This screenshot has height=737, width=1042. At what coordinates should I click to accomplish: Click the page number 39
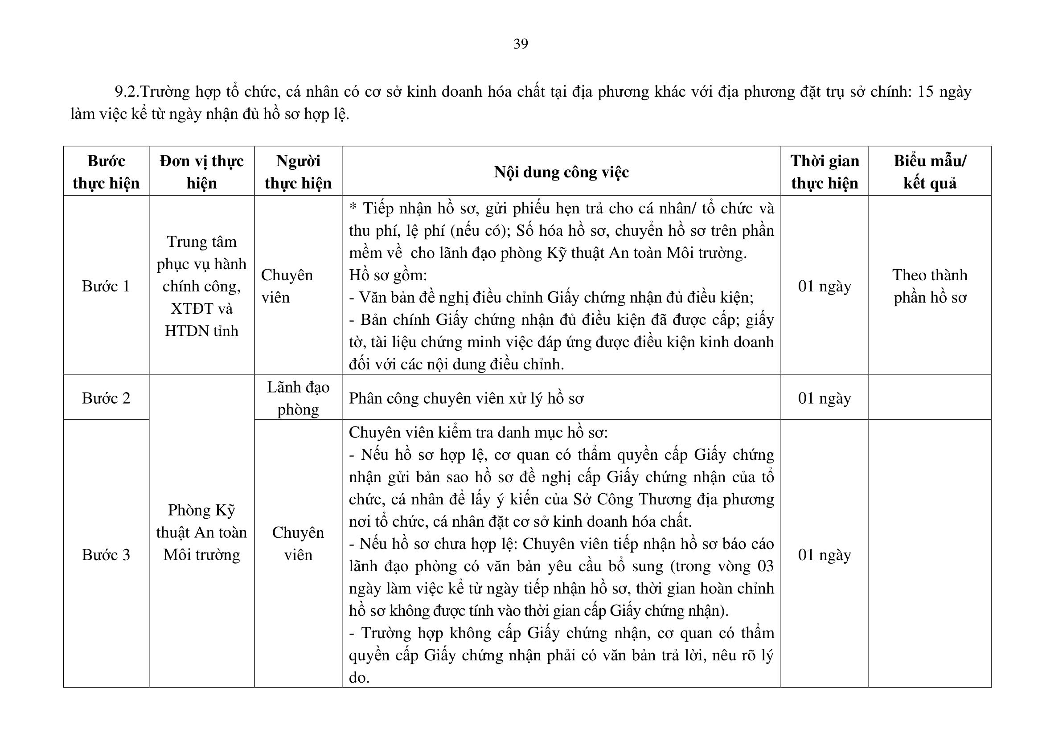coord(521,44)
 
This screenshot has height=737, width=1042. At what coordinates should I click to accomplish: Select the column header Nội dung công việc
coord(561,172)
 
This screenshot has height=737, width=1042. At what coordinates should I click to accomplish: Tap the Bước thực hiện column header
coord(106,172)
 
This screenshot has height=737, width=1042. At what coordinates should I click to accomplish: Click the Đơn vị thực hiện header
coord(201,172)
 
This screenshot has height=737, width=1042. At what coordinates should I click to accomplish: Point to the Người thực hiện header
coord(298,172)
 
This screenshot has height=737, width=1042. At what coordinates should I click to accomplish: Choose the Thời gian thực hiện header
coord(825,172)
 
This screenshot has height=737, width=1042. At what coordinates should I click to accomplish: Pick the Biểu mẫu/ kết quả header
coord(930,172)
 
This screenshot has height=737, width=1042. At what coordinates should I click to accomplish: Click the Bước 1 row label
coord(106,286)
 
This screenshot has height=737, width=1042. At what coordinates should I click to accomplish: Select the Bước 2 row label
coord(106,398)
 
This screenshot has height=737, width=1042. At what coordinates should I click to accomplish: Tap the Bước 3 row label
coord(106,555)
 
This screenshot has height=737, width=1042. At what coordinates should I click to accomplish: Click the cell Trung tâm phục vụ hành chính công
coord(201,286)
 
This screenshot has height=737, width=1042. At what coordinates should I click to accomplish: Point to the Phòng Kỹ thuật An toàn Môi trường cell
coord(201,532)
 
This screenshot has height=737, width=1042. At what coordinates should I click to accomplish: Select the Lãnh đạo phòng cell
coord(298,398)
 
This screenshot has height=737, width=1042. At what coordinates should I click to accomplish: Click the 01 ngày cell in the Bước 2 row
coord(825,398)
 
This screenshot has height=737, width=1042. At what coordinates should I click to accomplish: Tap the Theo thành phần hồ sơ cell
coord(930,286)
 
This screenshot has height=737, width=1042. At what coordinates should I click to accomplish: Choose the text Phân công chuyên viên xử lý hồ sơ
coord(466,398)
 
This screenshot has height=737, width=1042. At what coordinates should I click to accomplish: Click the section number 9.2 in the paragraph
coord(126,92)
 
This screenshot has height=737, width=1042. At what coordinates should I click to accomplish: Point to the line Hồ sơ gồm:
coord(388,275)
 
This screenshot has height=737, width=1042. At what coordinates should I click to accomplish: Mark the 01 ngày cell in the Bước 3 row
coord(825,555)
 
